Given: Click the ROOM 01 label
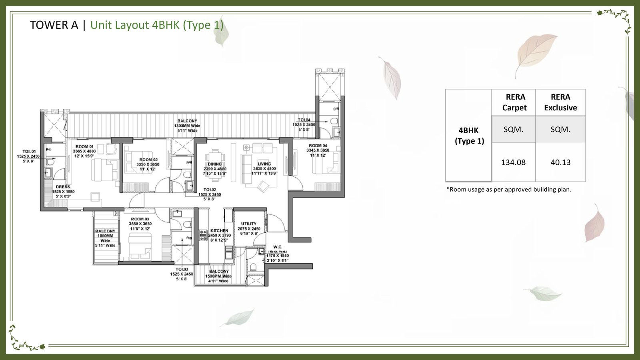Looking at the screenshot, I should coord(84,147).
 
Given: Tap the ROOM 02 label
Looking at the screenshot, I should coord(148,160).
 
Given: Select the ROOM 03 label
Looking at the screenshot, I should coord(140,219).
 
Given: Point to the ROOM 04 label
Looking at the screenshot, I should coord(318,146).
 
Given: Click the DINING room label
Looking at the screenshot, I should coord(215,164).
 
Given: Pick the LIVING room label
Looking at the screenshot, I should coord(264,164).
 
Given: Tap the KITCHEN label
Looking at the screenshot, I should coord(219,231).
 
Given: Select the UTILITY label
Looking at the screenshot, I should coord(248,224).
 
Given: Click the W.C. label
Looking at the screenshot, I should coord(278,247).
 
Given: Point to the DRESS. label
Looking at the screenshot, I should coord(63,187).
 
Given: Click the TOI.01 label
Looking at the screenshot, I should coord(29,152).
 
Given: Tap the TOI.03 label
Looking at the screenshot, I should coord(182,269).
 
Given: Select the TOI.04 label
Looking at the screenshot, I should coord(304,120).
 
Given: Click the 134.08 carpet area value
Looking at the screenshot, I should coord(513,162).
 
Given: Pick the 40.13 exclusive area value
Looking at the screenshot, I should coord(560,162).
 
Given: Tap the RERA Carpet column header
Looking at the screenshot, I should coord(515,102).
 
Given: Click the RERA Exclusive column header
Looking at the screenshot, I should coord(560,102).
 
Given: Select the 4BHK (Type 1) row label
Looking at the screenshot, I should coord(469,136).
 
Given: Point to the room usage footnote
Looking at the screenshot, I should coord(509,190).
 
